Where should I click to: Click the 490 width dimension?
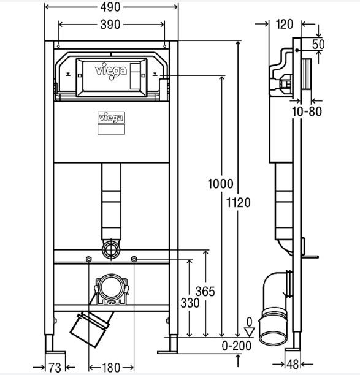110,7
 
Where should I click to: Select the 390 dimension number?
110,25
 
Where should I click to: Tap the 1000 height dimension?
220,184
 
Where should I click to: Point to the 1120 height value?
238,203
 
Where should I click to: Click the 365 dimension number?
205,292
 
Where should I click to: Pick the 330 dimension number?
190,303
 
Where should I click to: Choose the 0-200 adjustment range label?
237,346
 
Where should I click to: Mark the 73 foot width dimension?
55,368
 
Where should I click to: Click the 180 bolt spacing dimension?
111,368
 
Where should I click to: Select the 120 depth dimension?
285,25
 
